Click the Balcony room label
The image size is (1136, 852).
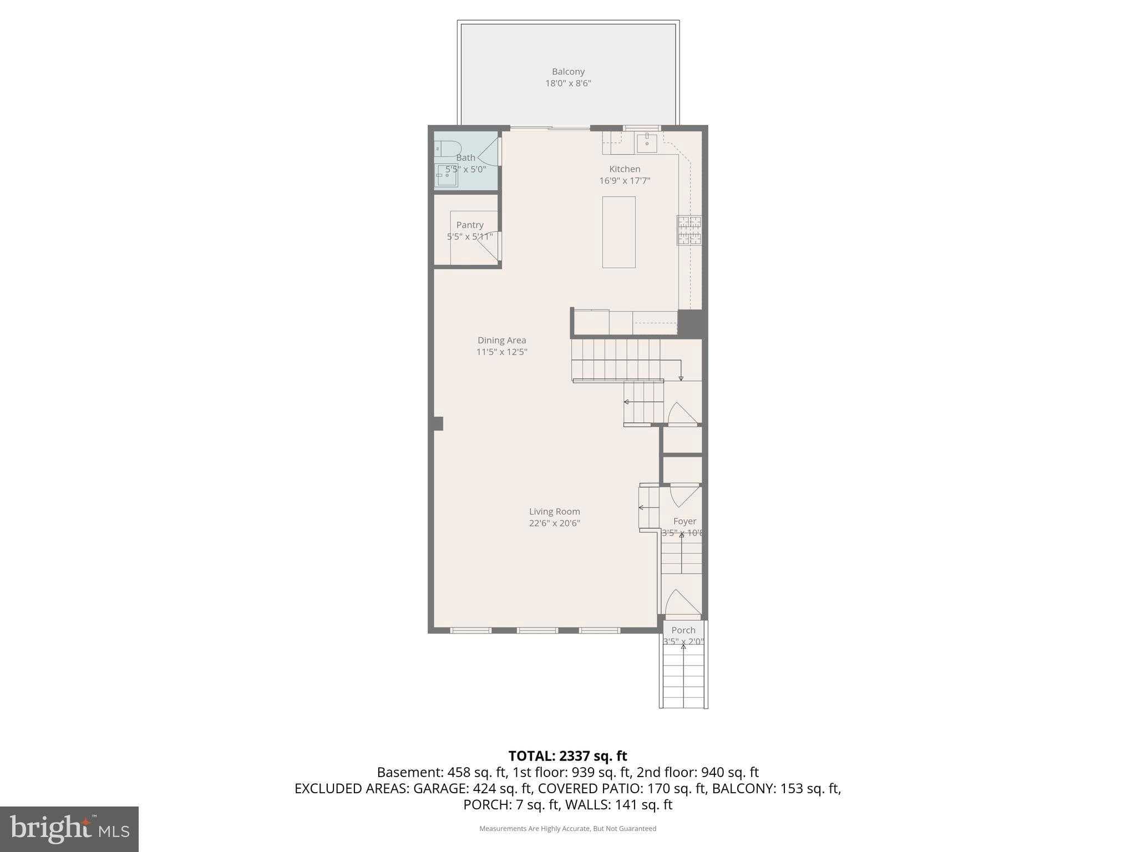tap(568, 72)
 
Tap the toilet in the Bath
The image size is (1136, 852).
tap(447, 149)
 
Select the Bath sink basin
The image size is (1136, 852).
tap(447, 176)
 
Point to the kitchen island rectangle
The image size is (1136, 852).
tap(618, 232)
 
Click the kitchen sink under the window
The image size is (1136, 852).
tap(647, 143)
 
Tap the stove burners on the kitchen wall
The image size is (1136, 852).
tap(689, 230)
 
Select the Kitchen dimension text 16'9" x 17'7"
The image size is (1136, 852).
tap(625, 181)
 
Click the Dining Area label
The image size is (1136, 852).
tap(501, 340)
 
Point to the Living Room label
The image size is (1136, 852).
tap(554, 511)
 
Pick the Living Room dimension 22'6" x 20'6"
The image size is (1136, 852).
tap(554, 523)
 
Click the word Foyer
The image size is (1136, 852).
tap(684, 521)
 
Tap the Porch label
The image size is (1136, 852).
tap(683, 630)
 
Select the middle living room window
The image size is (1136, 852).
tap(537, 630)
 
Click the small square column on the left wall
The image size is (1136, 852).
tap(438, 423)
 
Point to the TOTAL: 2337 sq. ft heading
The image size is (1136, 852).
tap(567, 755)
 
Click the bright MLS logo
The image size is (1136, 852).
tap(69, 829)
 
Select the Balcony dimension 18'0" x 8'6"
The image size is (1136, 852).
tap(568, 84)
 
